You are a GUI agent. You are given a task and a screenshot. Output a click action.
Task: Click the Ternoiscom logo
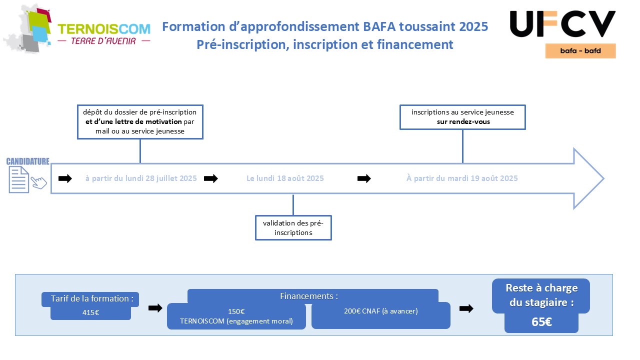[77, 29]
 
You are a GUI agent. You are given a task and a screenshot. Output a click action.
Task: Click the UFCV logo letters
[562, 24]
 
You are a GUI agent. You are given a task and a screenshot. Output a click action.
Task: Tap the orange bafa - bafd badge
[580, 51]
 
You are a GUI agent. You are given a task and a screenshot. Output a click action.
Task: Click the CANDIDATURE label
[27, 161]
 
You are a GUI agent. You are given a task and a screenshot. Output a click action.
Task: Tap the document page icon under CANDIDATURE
[19, 179]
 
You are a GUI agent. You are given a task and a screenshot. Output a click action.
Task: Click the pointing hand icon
[39, 182]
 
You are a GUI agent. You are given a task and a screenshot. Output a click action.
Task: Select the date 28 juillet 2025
[171, 178]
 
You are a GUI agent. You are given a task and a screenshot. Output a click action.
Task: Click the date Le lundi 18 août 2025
[285, 178]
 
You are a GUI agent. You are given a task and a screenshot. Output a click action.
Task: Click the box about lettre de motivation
[140, 122]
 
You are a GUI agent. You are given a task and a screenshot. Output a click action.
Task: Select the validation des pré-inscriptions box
[293, 227]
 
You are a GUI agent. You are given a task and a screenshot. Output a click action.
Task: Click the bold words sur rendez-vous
[463, 121]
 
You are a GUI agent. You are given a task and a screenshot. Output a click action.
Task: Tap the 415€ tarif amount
[90, 312]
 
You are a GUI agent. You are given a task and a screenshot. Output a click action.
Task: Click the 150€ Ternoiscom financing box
[236, 316]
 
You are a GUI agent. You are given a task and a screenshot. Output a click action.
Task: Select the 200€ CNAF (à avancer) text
[381, 311]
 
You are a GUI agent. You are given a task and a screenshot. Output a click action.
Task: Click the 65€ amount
[541, 322]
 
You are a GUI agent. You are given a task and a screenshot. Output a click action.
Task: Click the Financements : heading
[309, 296]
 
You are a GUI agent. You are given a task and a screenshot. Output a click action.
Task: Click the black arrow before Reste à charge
[466, 308]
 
